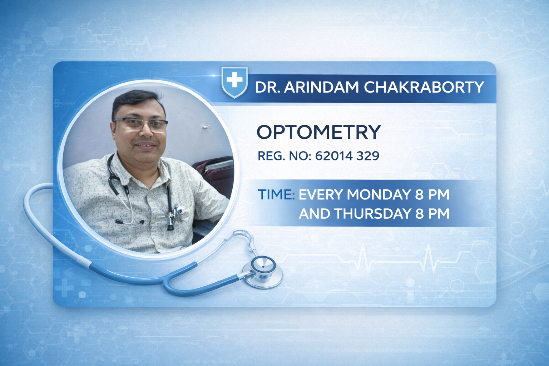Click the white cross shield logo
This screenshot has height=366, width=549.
pyautogui.click(x=234, y=81)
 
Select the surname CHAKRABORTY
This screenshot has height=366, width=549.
pyautogui.click(x=424, y=87)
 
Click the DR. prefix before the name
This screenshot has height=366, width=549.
pyautogui.click(x=267, y=87)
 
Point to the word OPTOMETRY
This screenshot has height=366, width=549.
pyautogui.click(x=318, y=132)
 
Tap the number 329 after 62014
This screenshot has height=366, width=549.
pyautogui.click(x=368, y=155)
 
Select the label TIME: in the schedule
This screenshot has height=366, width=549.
pyautogui.click(x=276, y=194)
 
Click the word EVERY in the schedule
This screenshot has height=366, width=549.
pyautogui.click(x=321, y=194)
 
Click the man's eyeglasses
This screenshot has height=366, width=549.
pyautogui.click(x=140, y=124)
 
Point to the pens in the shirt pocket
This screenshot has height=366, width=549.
pyautogui.click(x=178, y=210)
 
